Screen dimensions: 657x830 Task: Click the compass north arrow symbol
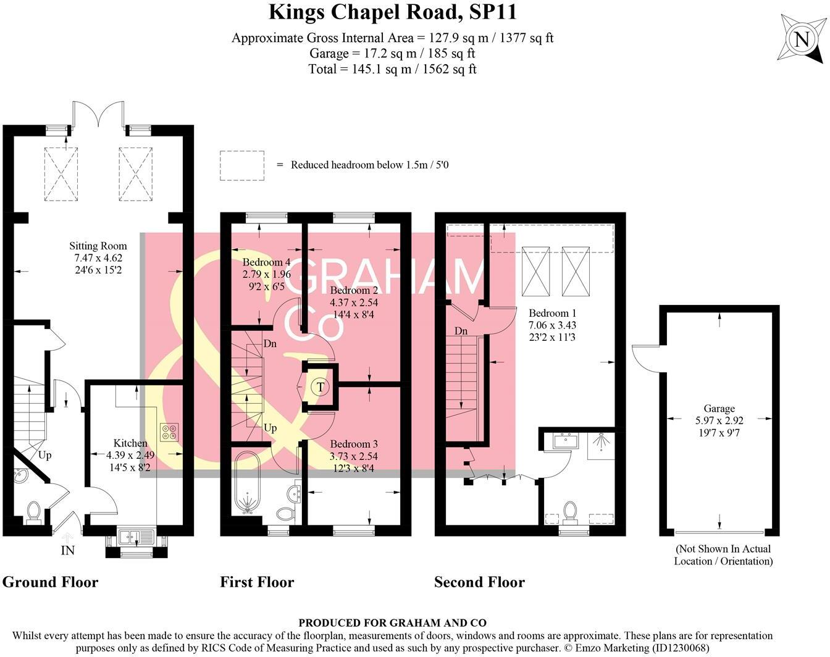(801, 40)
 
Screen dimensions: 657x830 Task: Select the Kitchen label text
(130, 443)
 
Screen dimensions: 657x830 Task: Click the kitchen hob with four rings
(169, 433)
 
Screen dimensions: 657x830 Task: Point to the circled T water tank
(320, 387)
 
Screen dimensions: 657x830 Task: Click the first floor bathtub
(249, 482)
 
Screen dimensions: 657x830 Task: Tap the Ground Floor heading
(50, 582)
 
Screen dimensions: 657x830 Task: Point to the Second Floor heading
(479, 582)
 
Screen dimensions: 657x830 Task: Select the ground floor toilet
(33, 512)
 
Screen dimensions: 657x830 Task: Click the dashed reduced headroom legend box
(242, 165)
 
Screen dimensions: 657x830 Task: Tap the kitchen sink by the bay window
(136, 536)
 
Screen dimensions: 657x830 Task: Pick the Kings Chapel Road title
(393, 12)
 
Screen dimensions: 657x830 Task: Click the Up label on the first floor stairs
(270, 427)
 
